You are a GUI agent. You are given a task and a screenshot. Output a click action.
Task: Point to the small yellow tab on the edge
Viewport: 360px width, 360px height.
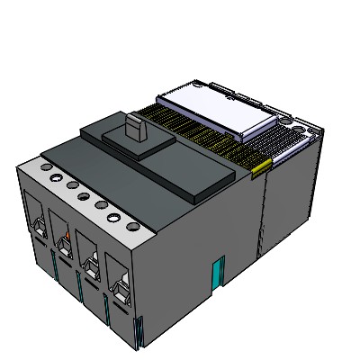pyautogui.click(x=261, y=165)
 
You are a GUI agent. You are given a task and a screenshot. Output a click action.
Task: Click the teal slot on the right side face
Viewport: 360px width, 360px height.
pyautogui.click(x=217, y=272)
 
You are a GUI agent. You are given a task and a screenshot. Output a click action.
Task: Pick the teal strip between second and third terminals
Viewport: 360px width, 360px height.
pyautogui.click(x=79, y=286)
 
